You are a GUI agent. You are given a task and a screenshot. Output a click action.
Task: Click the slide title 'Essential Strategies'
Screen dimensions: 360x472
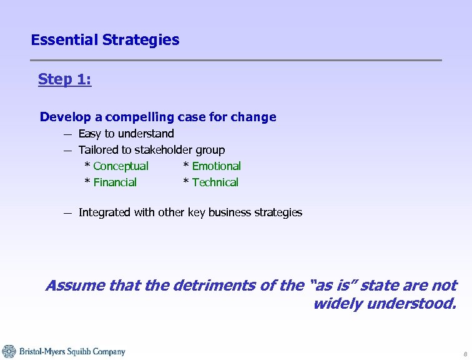[x=105, y=40]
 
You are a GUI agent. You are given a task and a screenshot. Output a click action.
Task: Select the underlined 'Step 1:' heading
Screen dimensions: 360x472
[x=64, y=79]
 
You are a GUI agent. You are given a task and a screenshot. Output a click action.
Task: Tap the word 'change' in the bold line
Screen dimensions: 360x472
[x=252, y=117]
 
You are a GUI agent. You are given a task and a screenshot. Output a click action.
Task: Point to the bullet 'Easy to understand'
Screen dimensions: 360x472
[x=126, y=134]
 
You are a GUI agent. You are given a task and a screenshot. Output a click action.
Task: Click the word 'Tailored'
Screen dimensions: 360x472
[x=99, y=150]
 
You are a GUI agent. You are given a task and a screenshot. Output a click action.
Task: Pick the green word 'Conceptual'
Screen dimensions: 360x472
[x=120, y=166]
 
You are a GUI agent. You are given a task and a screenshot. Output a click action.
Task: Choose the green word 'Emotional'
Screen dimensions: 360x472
[x=216, y=166]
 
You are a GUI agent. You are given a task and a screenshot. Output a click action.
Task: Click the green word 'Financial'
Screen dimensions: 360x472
[x=115, y=182]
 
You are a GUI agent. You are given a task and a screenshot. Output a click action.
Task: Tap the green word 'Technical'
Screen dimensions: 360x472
[x=215, y=182]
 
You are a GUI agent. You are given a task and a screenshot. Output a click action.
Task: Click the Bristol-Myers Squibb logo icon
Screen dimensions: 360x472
[x=9, y=351]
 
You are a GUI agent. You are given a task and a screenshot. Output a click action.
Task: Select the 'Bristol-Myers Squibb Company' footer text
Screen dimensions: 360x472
[x=72, y=352]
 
